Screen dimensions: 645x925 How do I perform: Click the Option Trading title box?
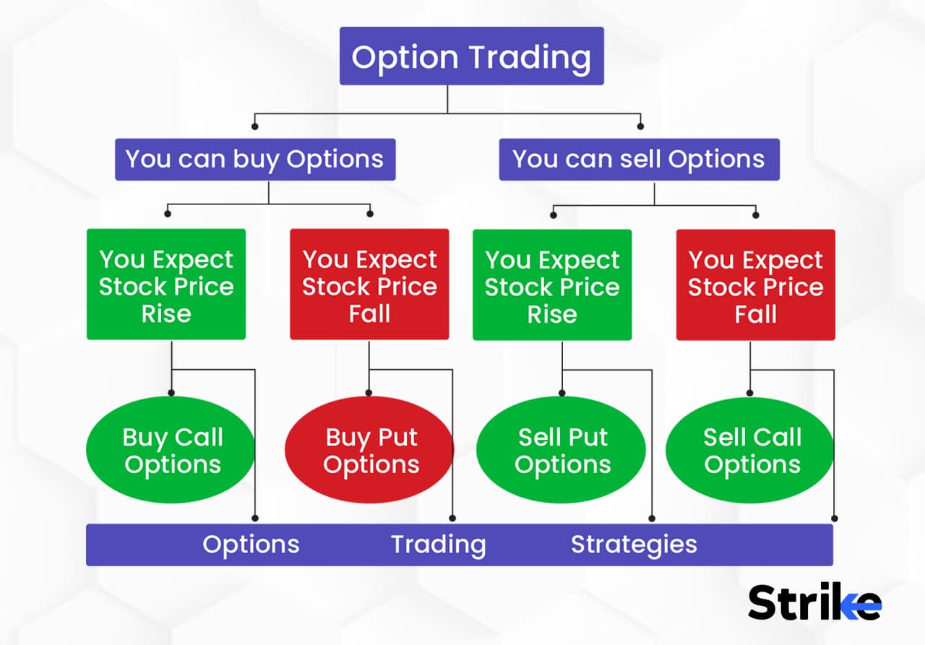point(471,56)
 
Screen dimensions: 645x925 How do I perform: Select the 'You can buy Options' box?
point(254,159)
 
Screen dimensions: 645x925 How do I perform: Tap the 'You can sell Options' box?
point(639,159)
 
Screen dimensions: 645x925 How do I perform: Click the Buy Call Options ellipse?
point(171,451)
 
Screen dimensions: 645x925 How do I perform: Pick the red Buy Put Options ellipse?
point(369,451)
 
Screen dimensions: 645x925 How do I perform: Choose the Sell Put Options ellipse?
point(562,451)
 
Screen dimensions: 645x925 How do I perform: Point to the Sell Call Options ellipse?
point(752,451)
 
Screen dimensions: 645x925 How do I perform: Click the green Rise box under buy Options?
point(166,285)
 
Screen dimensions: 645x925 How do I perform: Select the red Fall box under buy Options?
point(369,285)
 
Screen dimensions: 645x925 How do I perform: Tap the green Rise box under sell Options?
point(552,285)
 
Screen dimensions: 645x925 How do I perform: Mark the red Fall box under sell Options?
point(755,285)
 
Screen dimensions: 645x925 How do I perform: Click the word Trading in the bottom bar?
point(438,544)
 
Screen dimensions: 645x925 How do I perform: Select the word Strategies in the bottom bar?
point(634,544)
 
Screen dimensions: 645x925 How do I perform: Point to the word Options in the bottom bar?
point(251,544)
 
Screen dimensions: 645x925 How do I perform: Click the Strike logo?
point(814,602)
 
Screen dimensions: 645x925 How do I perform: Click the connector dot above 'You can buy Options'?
point(254,126)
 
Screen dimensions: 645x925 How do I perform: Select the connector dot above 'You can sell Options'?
point(640,126)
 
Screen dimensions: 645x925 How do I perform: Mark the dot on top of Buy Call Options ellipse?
point(171,393)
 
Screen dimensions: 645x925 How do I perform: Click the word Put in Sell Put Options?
point(588,437)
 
